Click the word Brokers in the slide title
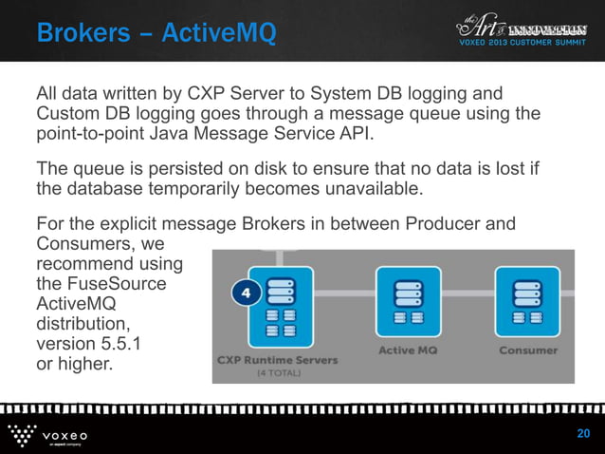tap(81, 34)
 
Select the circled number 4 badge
tap(246, 293)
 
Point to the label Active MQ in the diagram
tap(408, 350)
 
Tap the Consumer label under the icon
tap(527, 350)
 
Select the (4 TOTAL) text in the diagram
tap(279, 373)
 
